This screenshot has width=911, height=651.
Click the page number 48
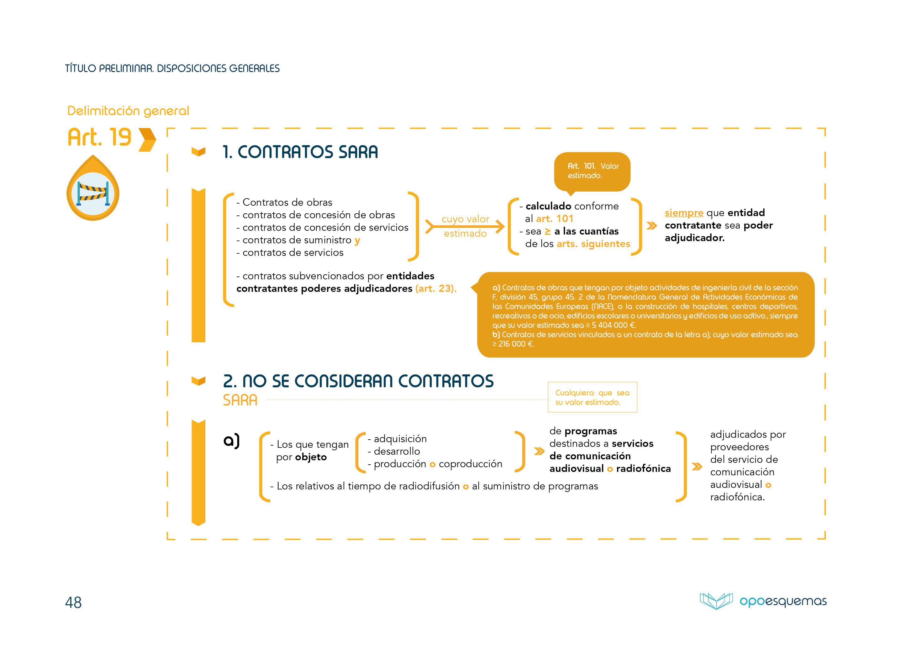coord(73,602)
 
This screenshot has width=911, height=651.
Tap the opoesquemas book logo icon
coord(716,601)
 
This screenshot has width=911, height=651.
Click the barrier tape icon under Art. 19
coord(93,193)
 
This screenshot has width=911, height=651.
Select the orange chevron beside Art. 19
coord(147,140)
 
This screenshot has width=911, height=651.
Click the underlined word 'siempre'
coord(684,213)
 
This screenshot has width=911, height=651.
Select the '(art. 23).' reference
coord(436,289)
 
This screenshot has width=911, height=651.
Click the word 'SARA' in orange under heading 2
coord(240,400)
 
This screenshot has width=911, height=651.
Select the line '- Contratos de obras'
coord(285,202)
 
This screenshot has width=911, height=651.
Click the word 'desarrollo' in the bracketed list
coord(397,451)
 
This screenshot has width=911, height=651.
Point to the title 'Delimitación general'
coord(128,111)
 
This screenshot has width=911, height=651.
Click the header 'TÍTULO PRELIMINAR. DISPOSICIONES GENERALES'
coord(172,69)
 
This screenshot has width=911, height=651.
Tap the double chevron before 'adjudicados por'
coord(697,467)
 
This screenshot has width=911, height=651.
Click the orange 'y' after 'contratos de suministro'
coord(357,240)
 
